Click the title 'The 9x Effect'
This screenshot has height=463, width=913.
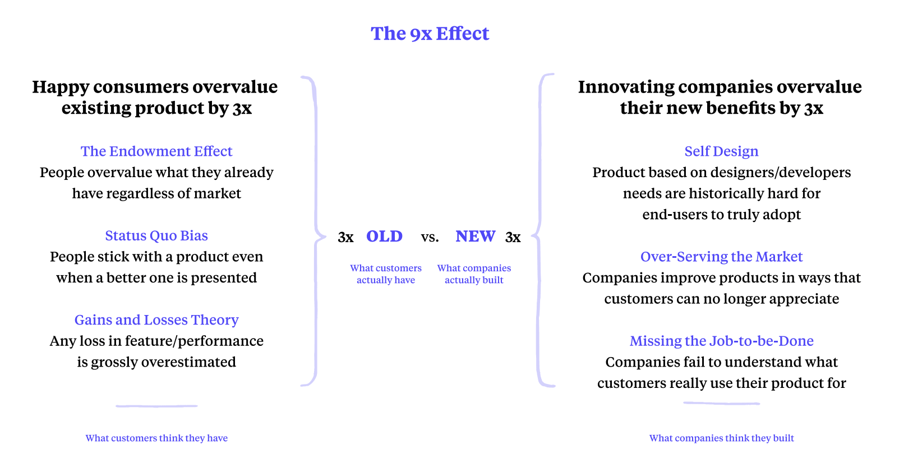(430, 34)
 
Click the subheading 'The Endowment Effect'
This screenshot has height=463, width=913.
(156, 151)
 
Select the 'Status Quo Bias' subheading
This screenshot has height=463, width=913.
(156, 235)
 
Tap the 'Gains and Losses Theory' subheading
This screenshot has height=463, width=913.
(156, 320)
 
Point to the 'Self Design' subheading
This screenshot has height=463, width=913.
(721, 151)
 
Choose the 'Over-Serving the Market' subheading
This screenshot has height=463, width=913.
(721, 257)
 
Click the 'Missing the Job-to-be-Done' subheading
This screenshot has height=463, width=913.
(721, 341)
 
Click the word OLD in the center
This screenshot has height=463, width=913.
(384, 236)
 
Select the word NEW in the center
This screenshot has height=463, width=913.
(475, 236)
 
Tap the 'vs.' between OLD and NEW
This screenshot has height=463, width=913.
(430, 237)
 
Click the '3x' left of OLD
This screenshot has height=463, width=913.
(345, 237)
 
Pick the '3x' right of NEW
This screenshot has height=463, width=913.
(513, 237)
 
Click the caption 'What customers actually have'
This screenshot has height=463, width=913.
(386, 274)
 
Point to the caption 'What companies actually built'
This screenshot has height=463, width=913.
(474, 274)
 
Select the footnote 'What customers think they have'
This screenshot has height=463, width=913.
(156, 438)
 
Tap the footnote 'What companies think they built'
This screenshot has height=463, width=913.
(721, 438)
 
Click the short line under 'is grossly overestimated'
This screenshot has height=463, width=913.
(156, 406)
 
